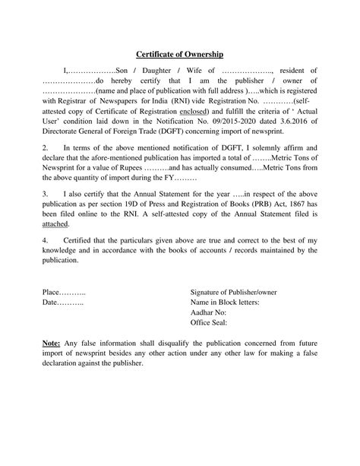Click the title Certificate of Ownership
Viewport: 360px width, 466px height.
[179, 54]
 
